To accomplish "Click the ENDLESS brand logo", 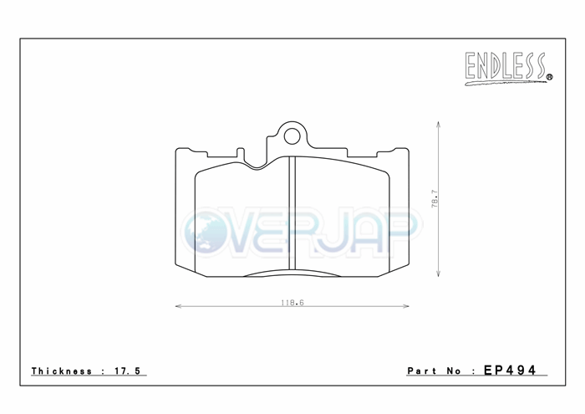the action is [508, 68].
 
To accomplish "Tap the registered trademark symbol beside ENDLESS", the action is [549, 77].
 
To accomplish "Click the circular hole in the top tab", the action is [292, 136].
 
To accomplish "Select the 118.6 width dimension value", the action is [292, 303].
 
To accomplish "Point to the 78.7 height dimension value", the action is [435, 198].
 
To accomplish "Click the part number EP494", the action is [510, 370].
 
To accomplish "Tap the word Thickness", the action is [62, 371].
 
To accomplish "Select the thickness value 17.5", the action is [128, 371].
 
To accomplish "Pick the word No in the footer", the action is [454, 371].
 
